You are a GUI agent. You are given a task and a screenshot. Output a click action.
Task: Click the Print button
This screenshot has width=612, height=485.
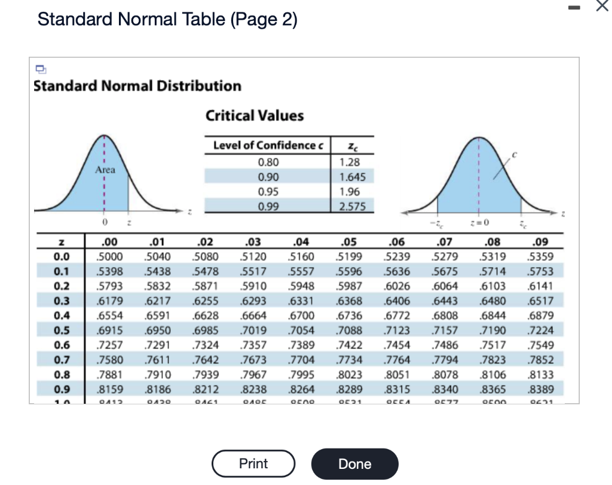253,463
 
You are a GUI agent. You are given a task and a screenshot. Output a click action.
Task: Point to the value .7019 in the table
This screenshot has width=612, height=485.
255,330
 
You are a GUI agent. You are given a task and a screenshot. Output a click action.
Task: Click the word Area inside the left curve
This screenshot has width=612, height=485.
106,170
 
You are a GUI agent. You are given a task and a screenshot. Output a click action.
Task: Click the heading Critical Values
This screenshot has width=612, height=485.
255,116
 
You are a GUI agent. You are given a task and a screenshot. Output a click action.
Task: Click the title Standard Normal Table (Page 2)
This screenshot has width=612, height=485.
167,20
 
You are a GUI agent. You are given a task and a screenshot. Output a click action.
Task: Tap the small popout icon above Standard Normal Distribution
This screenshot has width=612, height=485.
39,66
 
